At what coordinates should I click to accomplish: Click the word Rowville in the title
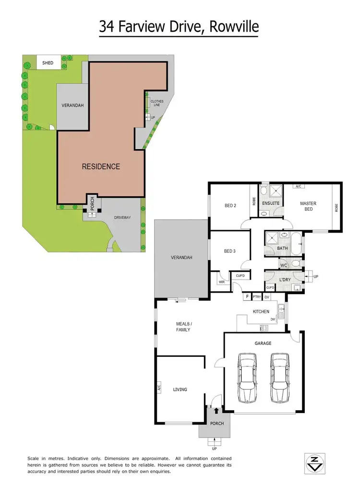pos(233,27)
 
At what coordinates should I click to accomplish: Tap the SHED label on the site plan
pos(48,63)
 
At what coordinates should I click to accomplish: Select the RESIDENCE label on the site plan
pos(101,166)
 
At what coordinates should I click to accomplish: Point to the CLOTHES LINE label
pos(157,103)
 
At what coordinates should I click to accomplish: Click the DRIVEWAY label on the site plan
pos(122,217)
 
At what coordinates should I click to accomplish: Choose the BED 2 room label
pos(231,206)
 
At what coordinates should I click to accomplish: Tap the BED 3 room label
pos(230,251)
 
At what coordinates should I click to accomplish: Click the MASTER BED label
pos(308,206)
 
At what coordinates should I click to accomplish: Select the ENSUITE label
pos(271,203)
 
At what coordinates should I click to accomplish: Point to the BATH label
pos(282,248)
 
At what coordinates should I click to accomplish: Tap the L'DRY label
pos(285,279)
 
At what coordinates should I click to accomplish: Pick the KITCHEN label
pos(261,312)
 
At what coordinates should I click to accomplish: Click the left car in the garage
pos(248,378)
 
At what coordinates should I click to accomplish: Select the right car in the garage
pos(279,378)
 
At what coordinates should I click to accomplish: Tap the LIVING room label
pos(180,390)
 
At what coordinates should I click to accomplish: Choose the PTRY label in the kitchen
pos(257,297)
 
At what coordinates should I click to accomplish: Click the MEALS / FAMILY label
pos(182,327)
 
